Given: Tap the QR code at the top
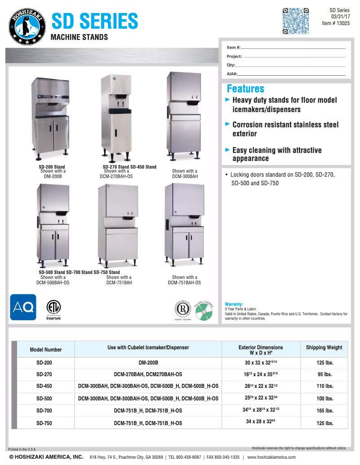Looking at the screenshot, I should click(x=295, y=21).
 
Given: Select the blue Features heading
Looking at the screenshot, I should click(x=246, y=89).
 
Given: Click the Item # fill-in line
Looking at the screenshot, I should click(x=294, y=48).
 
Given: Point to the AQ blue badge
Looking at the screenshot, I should click(x=23, y=307).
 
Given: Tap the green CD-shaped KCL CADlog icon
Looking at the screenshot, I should click(x=203, y=311).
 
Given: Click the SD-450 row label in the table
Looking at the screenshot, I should click(x=44, y=386).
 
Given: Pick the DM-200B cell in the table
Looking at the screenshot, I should click(x=148, y=362).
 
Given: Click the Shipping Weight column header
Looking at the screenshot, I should click(x=324, y=348).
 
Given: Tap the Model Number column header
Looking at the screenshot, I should click(x=46, y=350).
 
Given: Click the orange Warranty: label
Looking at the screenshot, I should click(x=233, y=304).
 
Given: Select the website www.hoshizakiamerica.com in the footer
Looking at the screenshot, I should click(x=272, y=457).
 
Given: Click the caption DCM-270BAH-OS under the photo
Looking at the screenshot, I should click(x=116, y=177).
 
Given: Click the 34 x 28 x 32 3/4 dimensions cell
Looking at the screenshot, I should click(x=260, y=422).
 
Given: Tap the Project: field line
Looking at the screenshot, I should click(x=294, y=57).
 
